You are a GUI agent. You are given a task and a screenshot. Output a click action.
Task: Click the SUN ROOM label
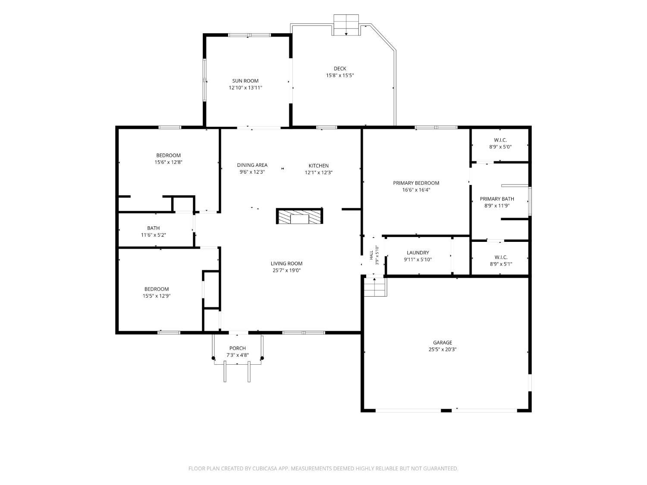pos(245,81)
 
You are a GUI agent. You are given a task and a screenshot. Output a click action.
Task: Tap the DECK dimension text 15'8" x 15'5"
pos(340,75)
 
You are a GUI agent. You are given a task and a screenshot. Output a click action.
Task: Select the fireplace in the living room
pos(299,216)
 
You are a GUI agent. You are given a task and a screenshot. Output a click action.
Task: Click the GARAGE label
pos(443,342)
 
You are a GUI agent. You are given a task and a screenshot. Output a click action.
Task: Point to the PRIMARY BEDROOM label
pos(416,183)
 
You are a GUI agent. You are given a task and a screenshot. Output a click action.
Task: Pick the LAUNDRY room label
pos(418,253)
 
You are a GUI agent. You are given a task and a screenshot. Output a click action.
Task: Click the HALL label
pos(371,255)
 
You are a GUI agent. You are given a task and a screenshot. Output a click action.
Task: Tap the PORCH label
pos(238,348)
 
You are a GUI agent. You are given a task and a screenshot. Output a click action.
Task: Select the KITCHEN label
pos(319,166)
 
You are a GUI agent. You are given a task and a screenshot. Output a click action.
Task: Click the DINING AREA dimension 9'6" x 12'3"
pos(252,172)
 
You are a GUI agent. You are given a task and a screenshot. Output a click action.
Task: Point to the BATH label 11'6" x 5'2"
pos(153,228)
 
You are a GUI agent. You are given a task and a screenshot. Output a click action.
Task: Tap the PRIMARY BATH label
pos(497,199)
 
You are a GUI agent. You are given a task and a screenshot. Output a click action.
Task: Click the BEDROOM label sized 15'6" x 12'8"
pos(168,156)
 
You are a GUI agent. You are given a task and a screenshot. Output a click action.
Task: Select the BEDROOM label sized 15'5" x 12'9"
pos(157,289)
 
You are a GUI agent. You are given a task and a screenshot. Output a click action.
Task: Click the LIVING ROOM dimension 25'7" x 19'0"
pos(286,271)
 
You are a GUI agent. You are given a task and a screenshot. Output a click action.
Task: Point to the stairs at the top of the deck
pos(346,25)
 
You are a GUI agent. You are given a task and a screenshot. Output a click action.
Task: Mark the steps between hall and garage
pos(375,287)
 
